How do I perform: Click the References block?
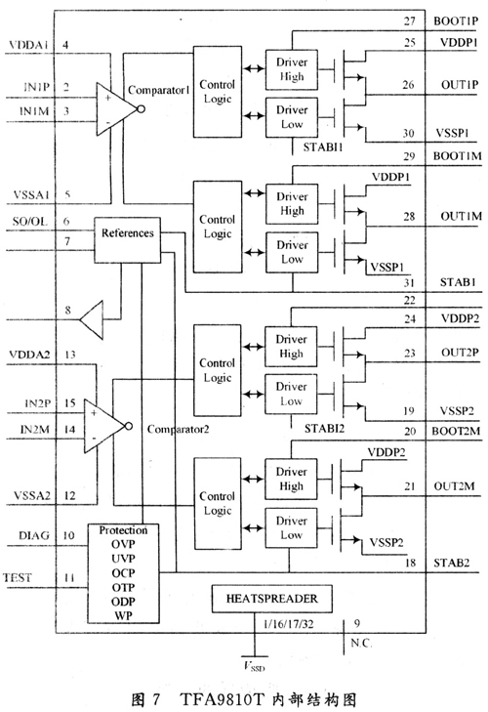pyautogui.click(x=127, y=240)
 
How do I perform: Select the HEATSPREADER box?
pyautogui.click(x=272, y=599)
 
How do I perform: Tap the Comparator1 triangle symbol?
pyautogui.click(x=117, y=109)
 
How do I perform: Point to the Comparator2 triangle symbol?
pyautogui.click(x=104, y=426)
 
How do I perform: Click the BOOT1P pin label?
pyautogui.click(x=456, y=21)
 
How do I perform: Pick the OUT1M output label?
pyautogui.click(x=461, y=216)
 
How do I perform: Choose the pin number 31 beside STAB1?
pyautogui.click(x=410, y=282)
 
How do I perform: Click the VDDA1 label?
pyautogui.click(x=28, y=45)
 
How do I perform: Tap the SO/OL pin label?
pyautogui.click(x=29, y=221)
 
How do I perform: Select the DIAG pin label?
pyautogui.click(x=34, y=535)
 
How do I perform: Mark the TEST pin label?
pyautogui.click(x=18, y=577)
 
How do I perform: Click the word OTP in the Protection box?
pyautogui.click(x=124, y=587)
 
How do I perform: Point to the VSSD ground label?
pyautogui.click(x=254, y=667)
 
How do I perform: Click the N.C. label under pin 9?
pyautogui.click(x=361, y=643)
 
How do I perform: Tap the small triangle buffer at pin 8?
pyautogui.click(x=91, y=319)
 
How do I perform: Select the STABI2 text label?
pyautogui.click(x=324, y=428)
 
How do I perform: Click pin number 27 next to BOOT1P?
pyautogui.click(x=410, y=21)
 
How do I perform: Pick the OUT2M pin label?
pyautogui.click(x=454, y=486)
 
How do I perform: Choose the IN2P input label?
pyautogui.click(x=38, y=403)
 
